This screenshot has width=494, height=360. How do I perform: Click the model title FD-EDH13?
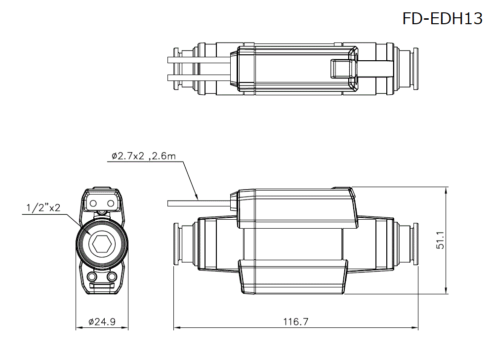[x=442, y=19]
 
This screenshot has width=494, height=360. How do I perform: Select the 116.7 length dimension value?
[x=295, y=322]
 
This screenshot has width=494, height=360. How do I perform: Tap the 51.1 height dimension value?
[x=441, y=240]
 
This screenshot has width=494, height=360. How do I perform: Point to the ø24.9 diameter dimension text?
[x=102, y=322]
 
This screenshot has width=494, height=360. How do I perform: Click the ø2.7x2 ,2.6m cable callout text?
[x=144, y=157]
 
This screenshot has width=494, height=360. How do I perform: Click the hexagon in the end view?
[x=101, y=244]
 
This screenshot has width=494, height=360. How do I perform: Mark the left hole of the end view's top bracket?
[x=93, y=203]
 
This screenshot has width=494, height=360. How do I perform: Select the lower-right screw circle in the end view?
[x=112, y=276]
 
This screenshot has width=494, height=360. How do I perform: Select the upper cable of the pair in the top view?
[x=198, y=60]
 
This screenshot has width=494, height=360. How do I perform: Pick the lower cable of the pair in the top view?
[x=198, y=77]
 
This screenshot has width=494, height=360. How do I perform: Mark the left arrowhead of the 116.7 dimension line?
[x=176, y=327]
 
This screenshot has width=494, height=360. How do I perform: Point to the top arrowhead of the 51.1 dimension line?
[x=447, y=189]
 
